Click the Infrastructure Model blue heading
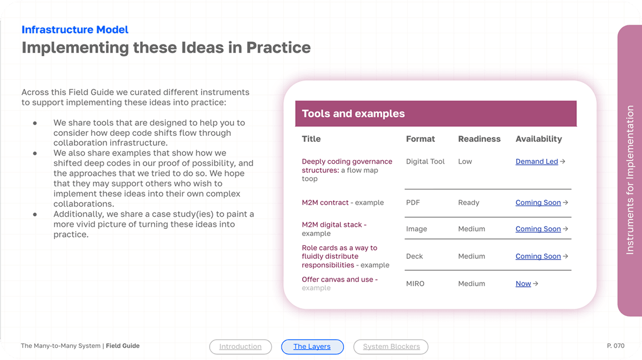tap(75, 29)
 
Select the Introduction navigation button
tap(240, 347)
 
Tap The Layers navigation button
tap(312, 347)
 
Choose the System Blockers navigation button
tap(391, 347)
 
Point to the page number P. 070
tap(615, 346)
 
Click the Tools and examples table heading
tap(353, 113)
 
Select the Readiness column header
tap(479, 139)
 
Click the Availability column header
tap(538, 139)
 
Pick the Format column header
tap(420, 139)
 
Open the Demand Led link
tap(537, 162)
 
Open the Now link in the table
tap(523, 284)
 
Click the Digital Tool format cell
tap(425, 162)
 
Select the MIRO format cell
tap(415, 284)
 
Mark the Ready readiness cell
tap(469, 203)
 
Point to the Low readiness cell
tap(465, 162)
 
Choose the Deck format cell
tap(415, 256)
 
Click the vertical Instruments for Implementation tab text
tap(630, 180)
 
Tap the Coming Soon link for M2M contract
tap(538, 203)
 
